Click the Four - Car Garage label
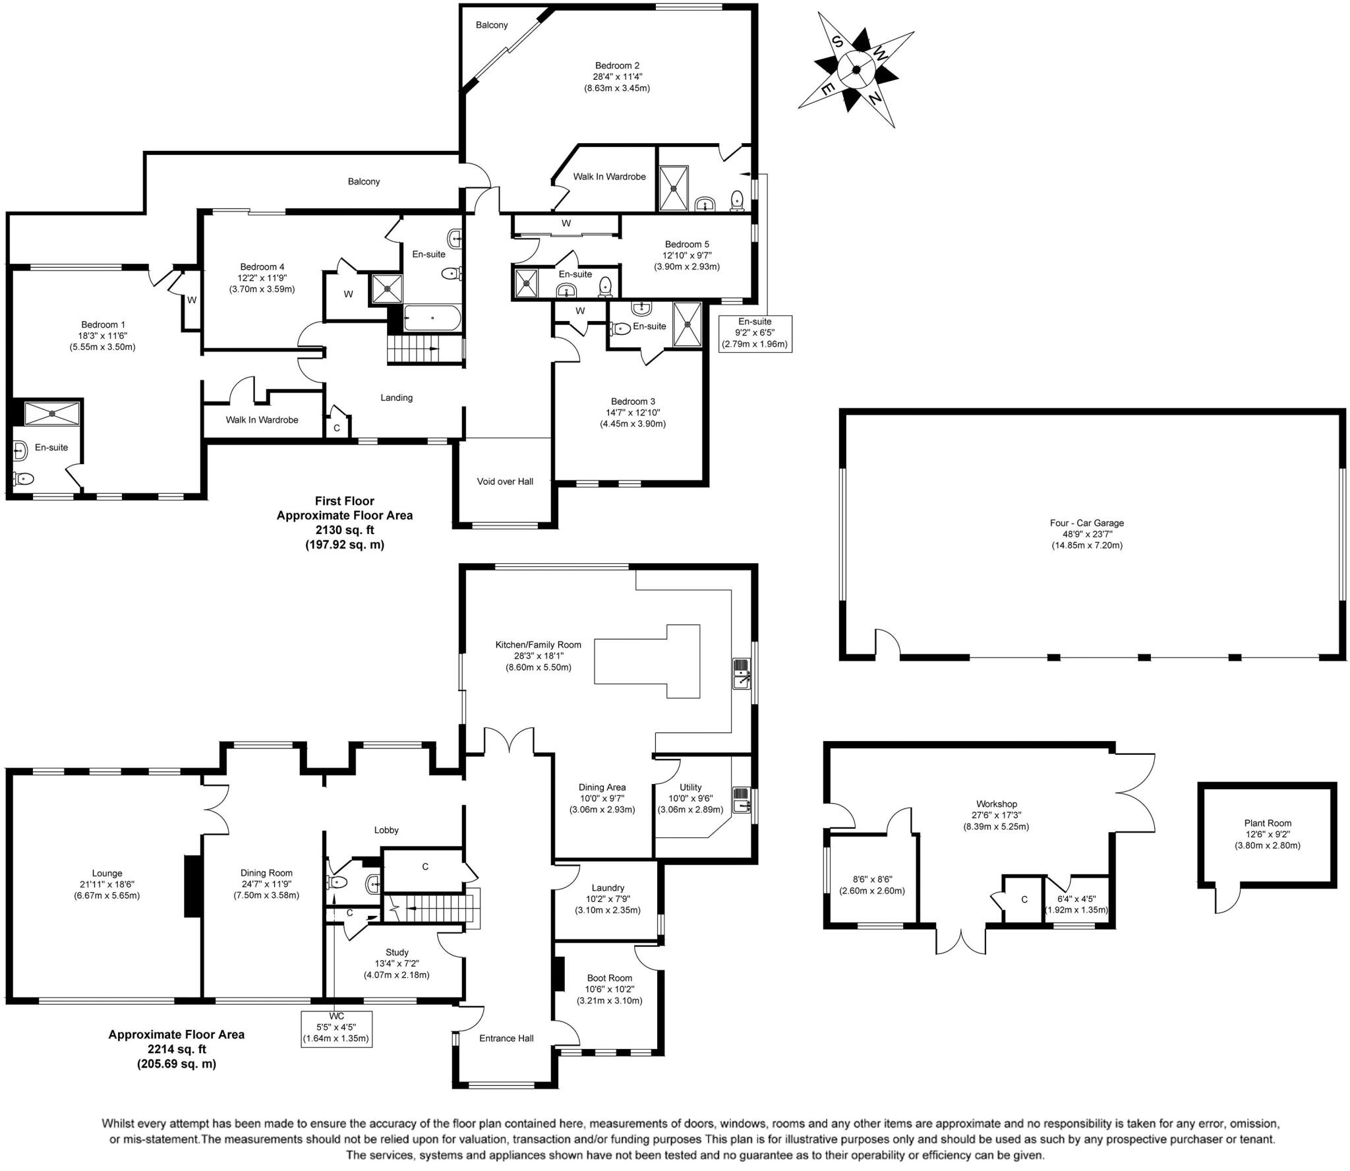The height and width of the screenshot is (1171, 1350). [1086, 523]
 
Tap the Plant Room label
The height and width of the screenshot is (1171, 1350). [1267, 823]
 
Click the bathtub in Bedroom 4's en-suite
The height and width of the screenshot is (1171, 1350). [432, 318]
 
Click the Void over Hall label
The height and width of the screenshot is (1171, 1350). [505, 481]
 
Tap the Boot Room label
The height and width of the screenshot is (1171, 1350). [609, 978]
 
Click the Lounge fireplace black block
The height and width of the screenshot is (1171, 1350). [192, 886]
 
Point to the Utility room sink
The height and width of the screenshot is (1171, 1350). [741, 798]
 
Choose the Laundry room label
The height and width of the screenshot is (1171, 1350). [607, 887]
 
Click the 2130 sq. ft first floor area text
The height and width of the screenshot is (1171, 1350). [344, 529]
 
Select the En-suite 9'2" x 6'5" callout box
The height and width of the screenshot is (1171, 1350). [755, 333]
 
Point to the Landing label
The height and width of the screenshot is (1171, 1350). [396, 398]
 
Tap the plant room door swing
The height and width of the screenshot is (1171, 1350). [1227, 899]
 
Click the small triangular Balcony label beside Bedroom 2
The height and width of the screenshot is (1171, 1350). [492, 25]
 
